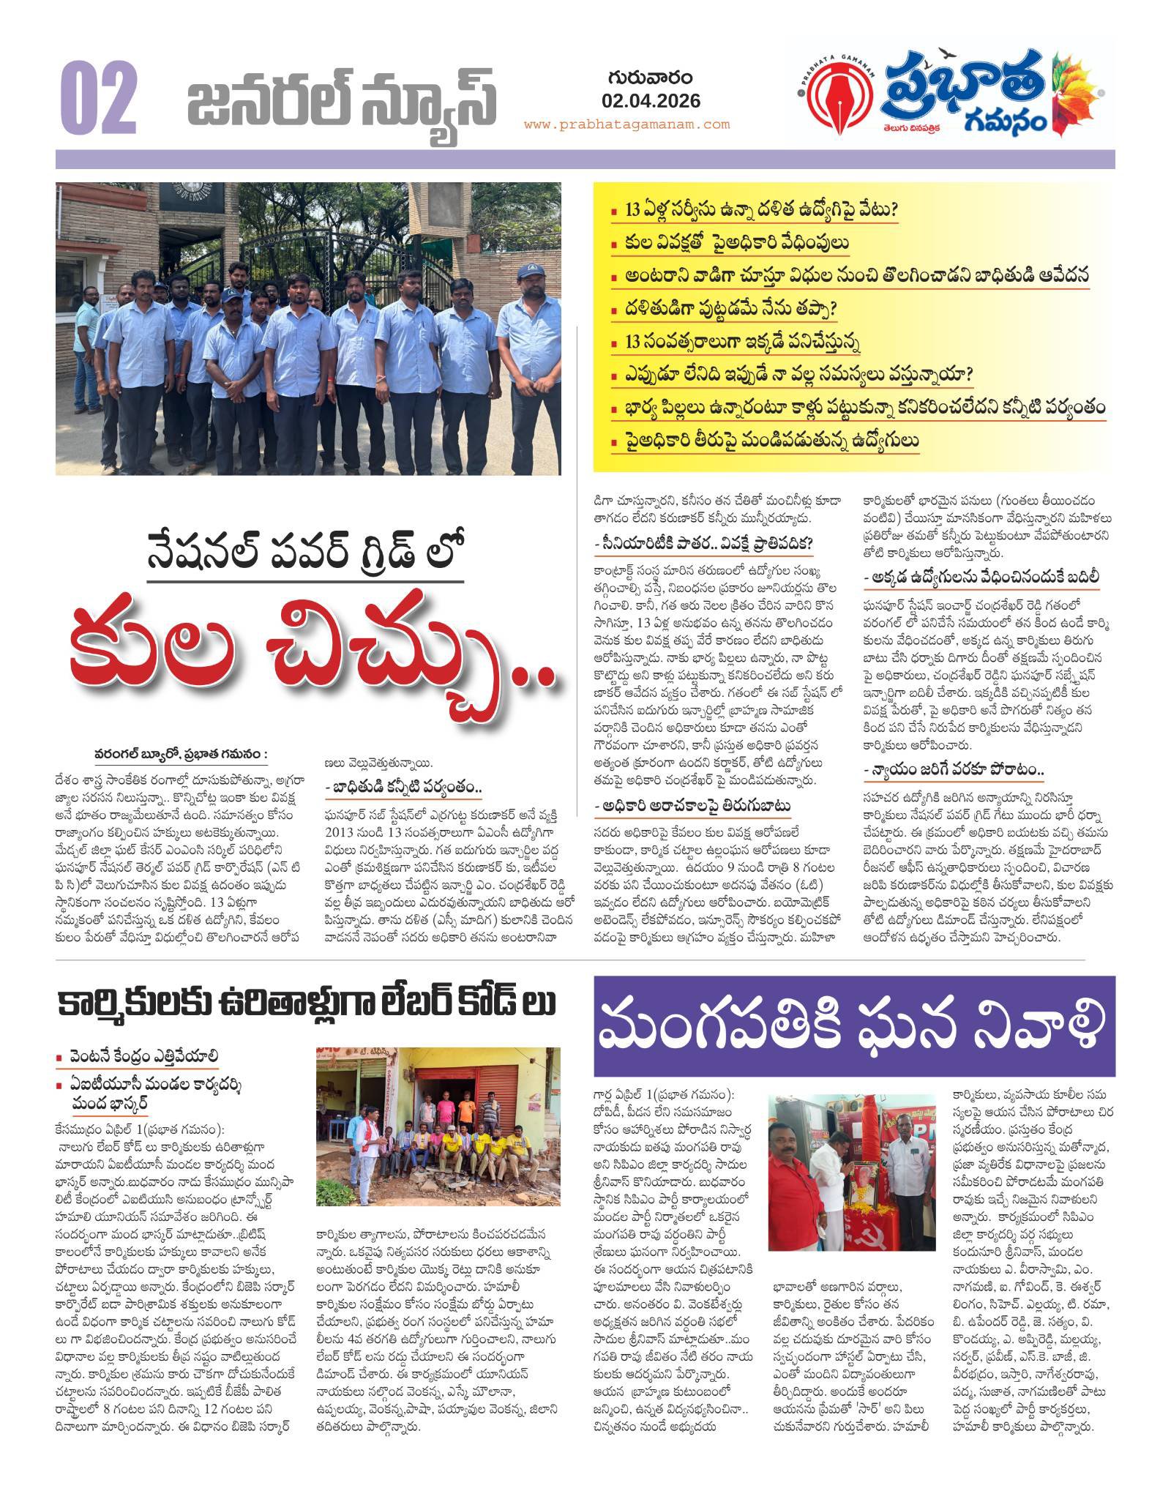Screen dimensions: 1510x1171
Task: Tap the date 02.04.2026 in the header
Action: pyautogui.click(x=651, y=100)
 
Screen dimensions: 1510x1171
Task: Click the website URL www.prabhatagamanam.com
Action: pyautogui.click(x=637, y=124)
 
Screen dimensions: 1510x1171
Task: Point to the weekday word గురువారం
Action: pyautogui.click(x=651, y=77)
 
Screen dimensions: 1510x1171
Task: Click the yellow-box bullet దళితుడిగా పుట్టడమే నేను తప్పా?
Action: pyautogui.click(x=742, y=310)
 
